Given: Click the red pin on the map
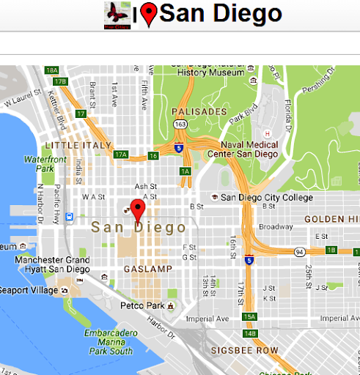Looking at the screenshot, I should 136,209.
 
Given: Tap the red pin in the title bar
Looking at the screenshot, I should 149,15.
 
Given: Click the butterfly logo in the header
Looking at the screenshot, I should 117,15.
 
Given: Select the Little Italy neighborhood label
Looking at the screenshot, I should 78,145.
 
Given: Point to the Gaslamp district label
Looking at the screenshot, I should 147,269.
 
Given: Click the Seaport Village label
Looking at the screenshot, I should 29,290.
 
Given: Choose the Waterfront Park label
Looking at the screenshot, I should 45,163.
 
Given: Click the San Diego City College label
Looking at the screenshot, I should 266,197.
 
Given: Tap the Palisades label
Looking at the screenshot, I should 199,111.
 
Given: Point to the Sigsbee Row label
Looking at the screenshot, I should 244,351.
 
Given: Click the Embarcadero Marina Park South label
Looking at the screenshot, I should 108,341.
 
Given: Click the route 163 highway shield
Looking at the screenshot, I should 179,125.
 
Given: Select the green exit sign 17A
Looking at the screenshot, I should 121,155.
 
